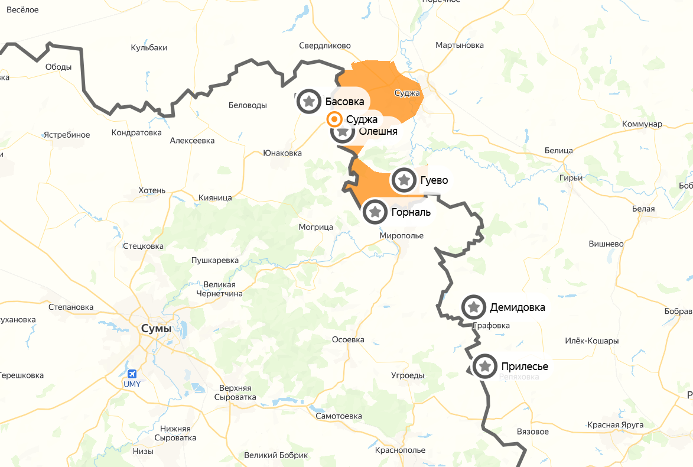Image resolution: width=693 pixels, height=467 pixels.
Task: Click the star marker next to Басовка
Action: tap(308, 101)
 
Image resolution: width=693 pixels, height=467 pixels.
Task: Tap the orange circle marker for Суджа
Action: tap(334, 119)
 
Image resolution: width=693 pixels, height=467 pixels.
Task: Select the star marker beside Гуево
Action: tap(404, 180)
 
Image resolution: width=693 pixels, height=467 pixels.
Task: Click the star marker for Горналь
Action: tap(375, 212)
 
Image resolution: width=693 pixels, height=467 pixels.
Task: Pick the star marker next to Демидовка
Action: tap(473, 307)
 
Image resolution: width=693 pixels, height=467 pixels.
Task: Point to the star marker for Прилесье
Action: tap(485, 367)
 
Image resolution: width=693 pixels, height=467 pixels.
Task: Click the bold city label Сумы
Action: tap(156, 328)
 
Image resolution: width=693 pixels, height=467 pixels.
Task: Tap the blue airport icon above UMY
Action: tap(132, 374)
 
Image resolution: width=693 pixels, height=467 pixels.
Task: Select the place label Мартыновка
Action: tap(459, 45)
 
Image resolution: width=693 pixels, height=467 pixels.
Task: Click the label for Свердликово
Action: tap(325, 46)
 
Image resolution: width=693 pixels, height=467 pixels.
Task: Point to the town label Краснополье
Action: tap(399, 450)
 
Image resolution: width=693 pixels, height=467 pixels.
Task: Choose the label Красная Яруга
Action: tap(614, 425)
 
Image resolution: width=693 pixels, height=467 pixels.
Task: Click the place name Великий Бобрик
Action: tap(276, 455)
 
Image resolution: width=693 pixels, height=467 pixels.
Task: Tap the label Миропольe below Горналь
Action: tap(402, 235)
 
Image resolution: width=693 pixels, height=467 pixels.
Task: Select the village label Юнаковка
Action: tap(282, 153)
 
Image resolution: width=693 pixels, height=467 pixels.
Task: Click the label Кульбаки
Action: tap(149, 47)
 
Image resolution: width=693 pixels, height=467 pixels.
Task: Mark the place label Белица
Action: tap(558, 151)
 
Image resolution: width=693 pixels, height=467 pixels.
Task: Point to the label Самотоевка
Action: tap(339, 416)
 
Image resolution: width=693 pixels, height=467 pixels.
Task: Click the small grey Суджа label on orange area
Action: tap(406, 93)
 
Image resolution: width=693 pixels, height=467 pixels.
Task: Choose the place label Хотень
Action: tap(152, 190)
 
